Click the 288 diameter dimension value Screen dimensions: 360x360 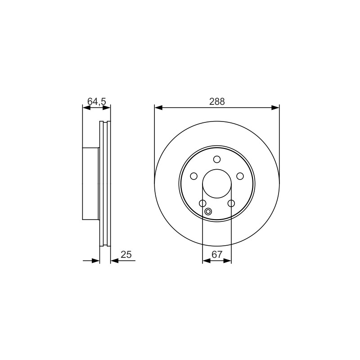click(217, 102)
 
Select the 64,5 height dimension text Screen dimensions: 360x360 click(97, 101)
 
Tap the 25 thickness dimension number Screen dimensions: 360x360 click(126, 254)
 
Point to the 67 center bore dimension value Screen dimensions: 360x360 click(217, 254)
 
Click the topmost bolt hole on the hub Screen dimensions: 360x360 click(217, 159)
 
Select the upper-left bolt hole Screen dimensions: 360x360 click(194, 176)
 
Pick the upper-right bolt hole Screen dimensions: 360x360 click(240, 176)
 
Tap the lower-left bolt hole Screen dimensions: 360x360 click(202, 203)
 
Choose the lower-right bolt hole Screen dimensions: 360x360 click(231, 203)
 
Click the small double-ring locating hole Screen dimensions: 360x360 click(208, 211)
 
